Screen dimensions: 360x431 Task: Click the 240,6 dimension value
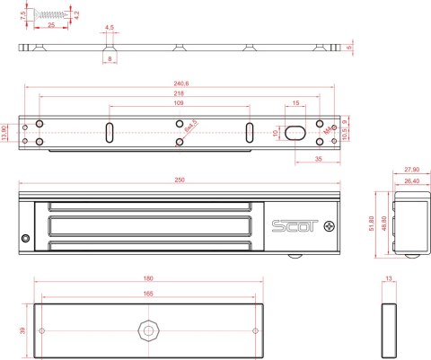(180, 85)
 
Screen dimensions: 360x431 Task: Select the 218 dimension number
(180, 94)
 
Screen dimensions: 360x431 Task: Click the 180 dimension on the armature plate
(147, 279)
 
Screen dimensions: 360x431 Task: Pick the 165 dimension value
(147, 294)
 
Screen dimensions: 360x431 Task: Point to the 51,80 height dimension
(376, 223)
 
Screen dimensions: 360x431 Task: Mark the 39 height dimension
(23, 329)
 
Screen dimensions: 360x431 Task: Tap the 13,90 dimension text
(5, 133)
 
